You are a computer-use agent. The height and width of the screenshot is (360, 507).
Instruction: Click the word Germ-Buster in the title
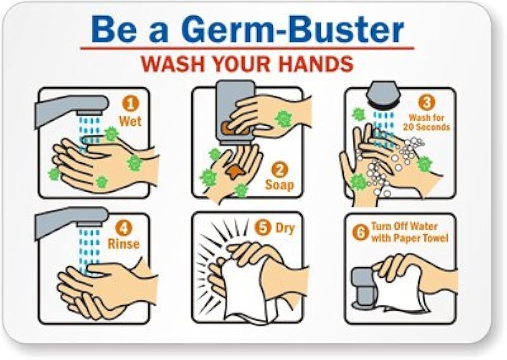[293, 30]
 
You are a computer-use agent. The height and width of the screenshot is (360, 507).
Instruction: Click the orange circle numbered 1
[130, 104]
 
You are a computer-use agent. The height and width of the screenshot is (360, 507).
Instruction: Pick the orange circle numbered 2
[280, 169]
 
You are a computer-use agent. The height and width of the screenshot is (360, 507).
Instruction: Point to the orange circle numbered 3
[426, 102]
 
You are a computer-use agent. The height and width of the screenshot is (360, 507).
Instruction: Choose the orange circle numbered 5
[263, 227]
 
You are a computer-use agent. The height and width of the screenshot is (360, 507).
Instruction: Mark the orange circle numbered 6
[360, 232]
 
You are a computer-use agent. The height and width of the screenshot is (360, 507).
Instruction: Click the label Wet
[130, 121]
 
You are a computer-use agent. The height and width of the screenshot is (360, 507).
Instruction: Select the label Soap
[280, 185]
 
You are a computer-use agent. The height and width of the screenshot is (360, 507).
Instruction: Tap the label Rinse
[124, 244]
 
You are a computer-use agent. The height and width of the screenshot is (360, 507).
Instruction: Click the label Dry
[285, 228]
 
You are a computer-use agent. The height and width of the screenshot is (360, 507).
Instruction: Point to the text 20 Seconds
[426, 126]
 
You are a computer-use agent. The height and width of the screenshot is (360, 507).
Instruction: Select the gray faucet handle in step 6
[363, 286]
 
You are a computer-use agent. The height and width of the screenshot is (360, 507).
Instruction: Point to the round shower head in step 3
[384, 94]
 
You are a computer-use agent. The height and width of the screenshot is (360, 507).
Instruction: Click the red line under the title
[247, 49]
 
